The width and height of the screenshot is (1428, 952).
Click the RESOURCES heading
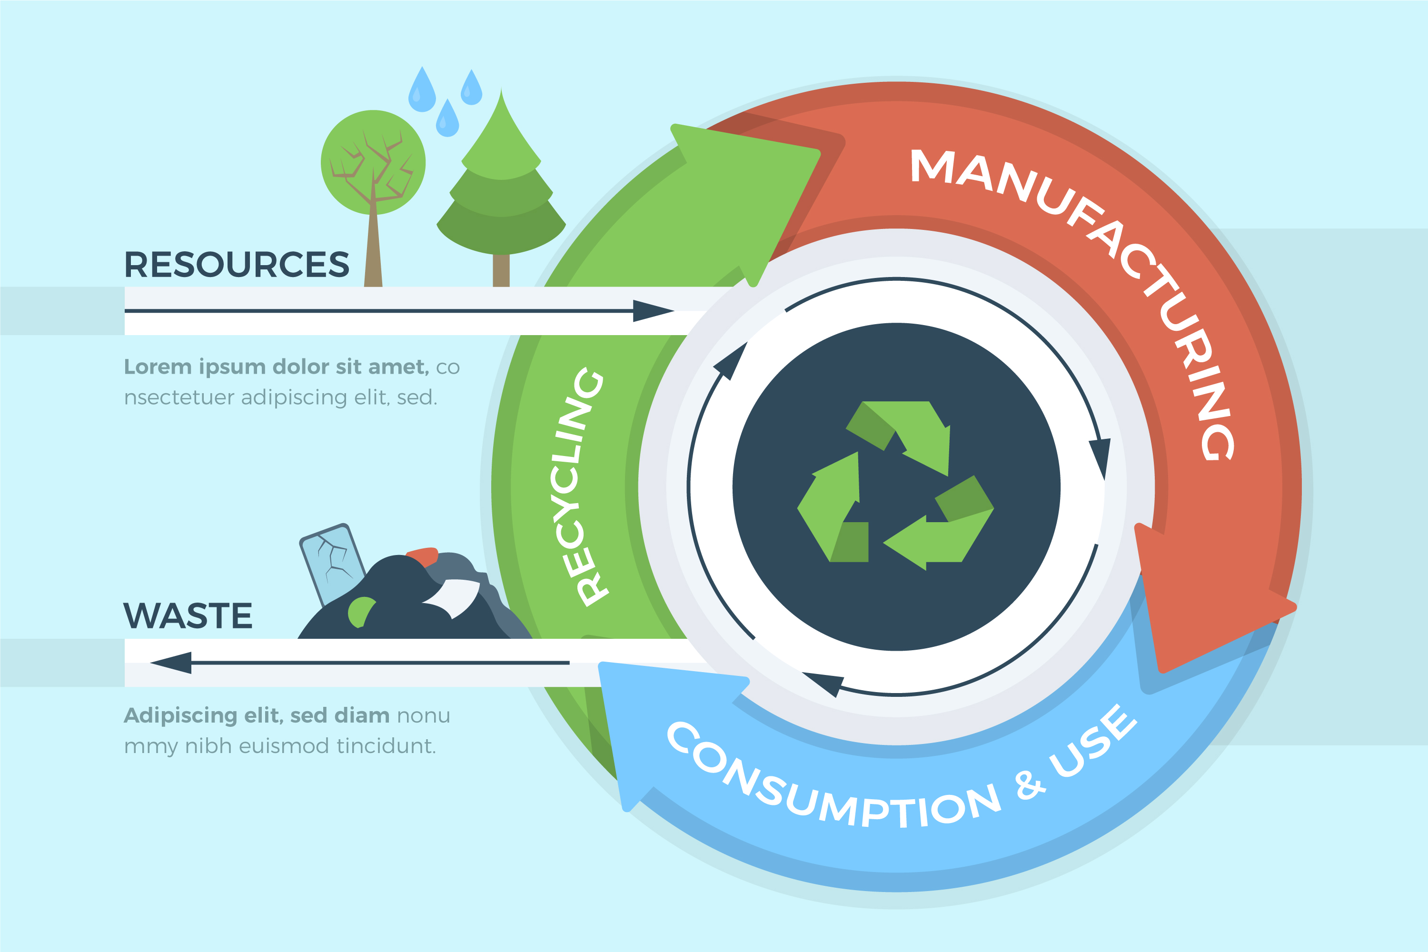click(237, 265)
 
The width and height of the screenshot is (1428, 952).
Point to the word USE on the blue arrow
click(1093, 741)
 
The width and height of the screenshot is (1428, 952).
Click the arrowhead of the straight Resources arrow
click(652, 311)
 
